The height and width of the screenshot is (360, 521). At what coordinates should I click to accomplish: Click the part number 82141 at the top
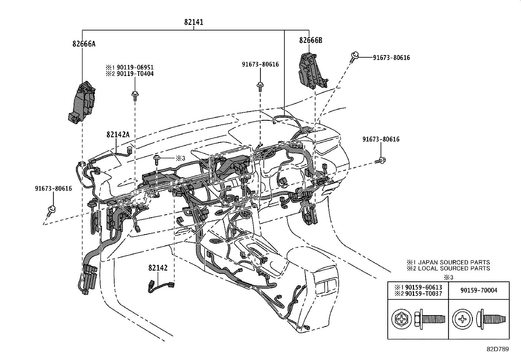click(x=193, y=22)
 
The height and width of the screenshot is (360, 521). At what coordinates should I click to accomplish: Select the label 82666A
click(x=84, y=44)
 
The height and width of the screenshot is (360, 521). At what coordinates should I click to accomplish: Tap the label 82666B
click(x=311, y=40)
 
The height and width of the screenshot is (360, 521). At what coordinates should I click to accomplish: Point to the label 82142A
click(x=118, y=134)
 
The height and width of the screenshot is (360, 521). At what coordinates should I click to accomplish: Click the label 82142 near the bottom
click(x=158, y=268)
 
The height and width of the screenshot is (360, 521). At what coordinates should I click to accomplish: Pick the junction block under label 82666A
click(x=82, y=102)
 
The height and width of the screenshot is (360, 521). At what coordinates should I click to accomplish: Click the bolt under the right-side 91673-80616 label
click(x=381, y=161)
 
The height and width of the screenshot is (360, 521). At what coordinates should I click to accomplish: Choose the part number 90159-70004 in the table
click(x=478, y=290)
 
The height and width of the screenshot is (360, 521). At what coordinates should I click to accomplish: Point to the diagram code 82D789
click(x=497, y=349)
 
